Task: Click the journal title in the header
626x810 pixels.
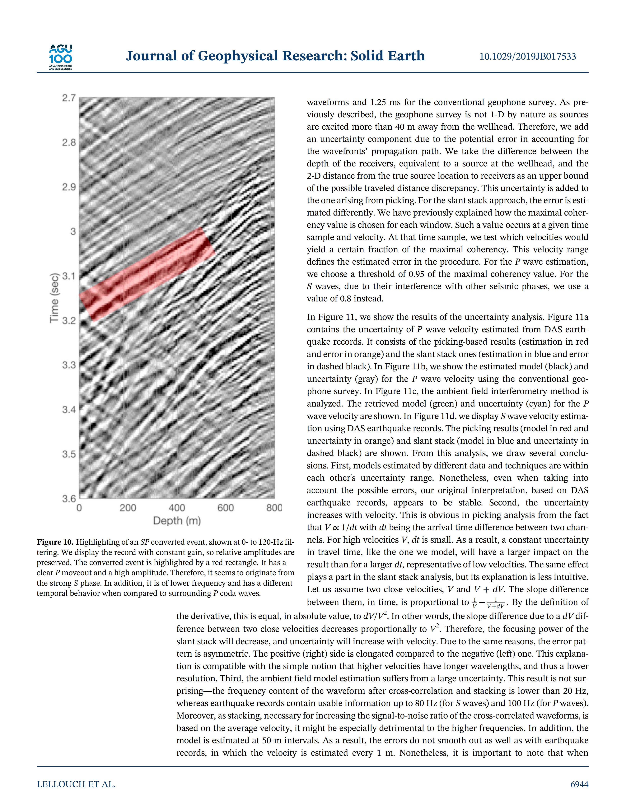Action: [275, 56]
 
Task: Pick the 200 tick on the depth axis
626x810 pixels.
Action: [128, 508]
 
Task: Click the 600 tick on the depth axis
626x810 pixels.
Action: [226, 508]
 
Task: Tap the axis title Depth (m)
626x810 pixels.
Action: [177, 521]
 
